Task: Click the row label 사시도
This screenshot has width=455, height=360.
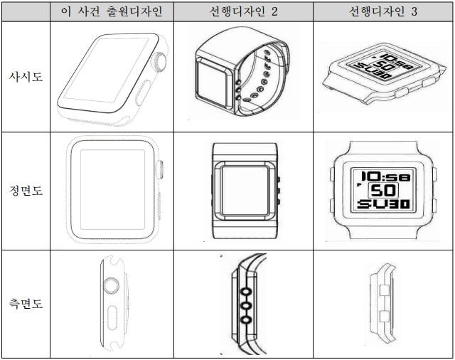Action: (26, 76)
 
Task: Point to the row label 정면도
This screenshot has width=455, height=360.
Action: (26, 191)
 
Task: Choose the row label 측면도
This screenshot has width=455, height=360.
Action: (26, 304)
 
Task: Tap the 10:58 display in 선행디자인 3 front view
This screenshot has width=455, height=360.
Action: (382, 176)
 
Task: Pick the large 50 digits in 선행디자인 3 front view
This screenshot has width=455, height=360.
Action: (384, 191)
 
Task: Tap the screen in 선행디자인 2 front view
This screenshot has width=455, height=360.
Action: (244, 190)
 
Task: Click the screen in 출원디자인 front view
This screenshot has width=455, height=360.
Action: (111, 190)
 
